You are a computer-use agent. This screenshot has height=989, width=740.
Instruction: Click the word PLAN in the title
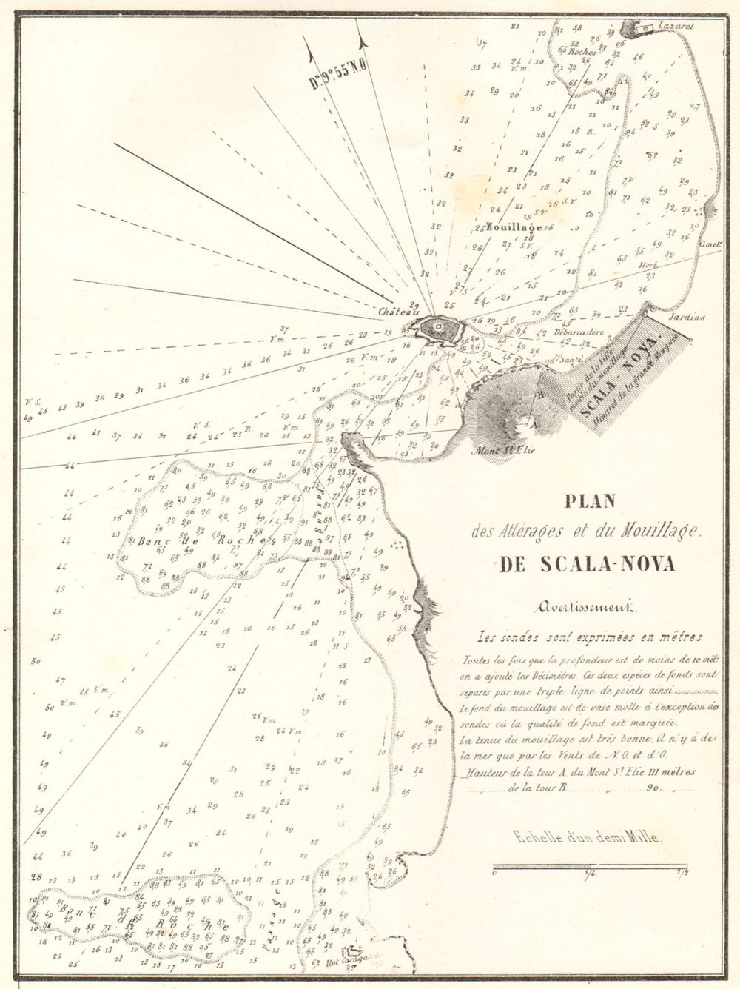[x=590, y=502]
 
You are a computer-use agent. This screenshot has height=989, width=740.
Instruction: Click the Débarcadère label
[x=579, y=332]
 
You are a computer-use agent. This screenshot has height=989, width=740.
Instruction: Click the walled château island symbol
[x=437, y=329]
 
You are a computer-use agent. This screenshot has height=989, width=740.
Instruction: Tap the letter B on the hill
[x=540, y=395]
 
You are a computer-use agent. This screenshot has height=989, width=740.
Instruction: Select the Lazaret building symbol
[x=644, y=28]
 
